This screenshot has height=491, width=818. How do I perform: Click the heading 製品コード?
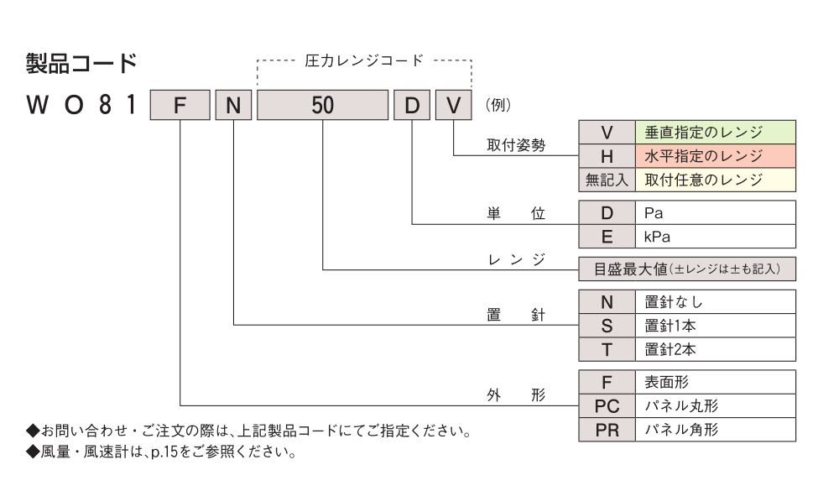81,63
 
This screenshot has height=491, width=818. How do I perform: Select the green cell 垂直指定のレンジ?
715,133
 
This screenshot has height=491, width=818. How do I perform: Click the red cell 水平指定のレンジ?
715,156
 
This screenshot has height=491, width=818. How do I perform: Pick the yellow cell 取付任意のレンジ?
715,179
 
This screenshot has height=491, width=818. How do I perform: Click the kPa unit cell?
715,238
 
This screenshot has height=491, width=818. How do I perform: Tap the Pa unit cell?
715,214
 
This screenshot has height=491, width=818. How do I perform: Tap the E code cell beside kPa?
607,238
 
